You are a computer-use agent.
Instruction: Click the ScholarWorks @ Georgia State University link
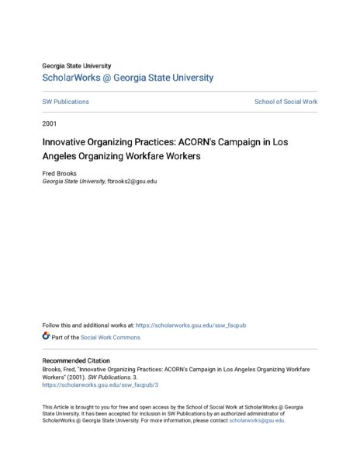click(x=127, y=78)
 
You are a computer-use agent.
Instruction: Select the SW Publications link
click(x=65, y=102)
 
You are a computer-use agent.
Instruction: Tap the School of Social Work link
click(x=286, y=102)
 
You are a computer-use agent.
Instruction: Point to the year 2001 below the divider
click(x=50, y=123)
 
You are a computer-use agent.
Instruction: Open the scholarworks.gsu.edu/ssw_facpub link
click(x=191, y=325)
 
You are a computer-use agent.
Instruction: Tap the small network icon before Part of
click(x=46, y=337)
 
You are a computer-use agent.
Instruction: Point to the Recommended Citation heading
click(x=76, y=360)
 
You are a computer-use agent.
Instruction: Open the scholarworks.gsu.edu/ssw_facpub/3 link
click(x=89, y=384)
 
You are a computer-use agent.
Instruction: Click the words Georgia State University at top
click(x=77, y=66)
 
